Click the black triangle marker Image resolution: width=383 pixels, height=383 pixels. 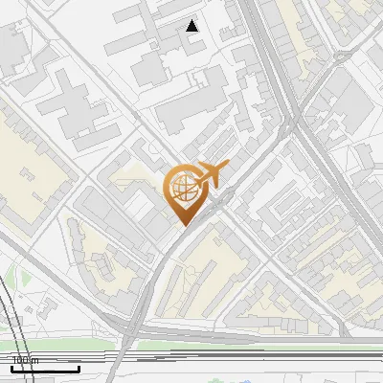[x=192, y=26]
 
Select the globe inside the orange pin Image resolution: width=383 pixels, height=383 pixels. [x=183, y=188]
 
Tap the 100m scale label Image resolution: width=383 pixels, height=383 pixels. [x=25, y=361]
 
